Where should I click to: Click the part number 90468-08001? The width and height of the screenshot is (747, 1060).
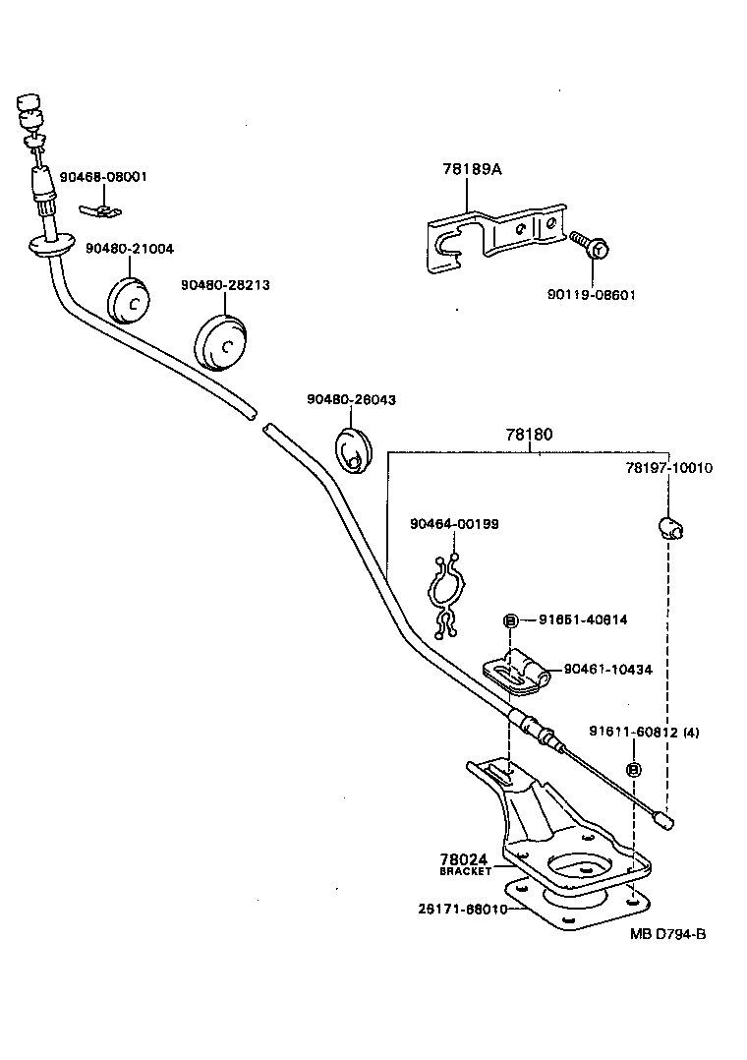[x=103, y=177]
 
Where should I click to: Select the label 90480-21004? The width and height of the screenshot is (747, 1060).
[x=129, y=249]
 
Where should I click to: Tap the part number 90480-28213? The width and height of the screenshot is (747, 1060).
[x=225, y=285]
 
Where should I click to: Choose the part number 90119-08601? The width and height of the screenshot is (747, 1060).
[x=590, y=294]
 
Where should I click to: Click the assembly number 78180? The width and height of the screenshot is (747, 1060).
[x=530, y=434]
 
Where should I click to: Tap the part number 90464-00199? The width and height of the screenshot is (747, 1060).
[x=454, y=524]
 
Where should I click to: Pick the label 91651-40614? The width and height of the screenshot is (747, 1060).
[x=583, y=619]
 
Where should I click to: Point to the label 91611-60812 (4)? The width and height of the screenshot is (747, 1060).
[x=644, y=732]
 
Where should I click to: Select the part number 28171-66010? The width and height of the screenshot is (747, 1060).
[x=460, y=910]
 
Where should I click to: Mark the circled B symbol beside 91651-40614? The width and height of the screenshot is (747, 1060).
[x=510, y=620]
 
